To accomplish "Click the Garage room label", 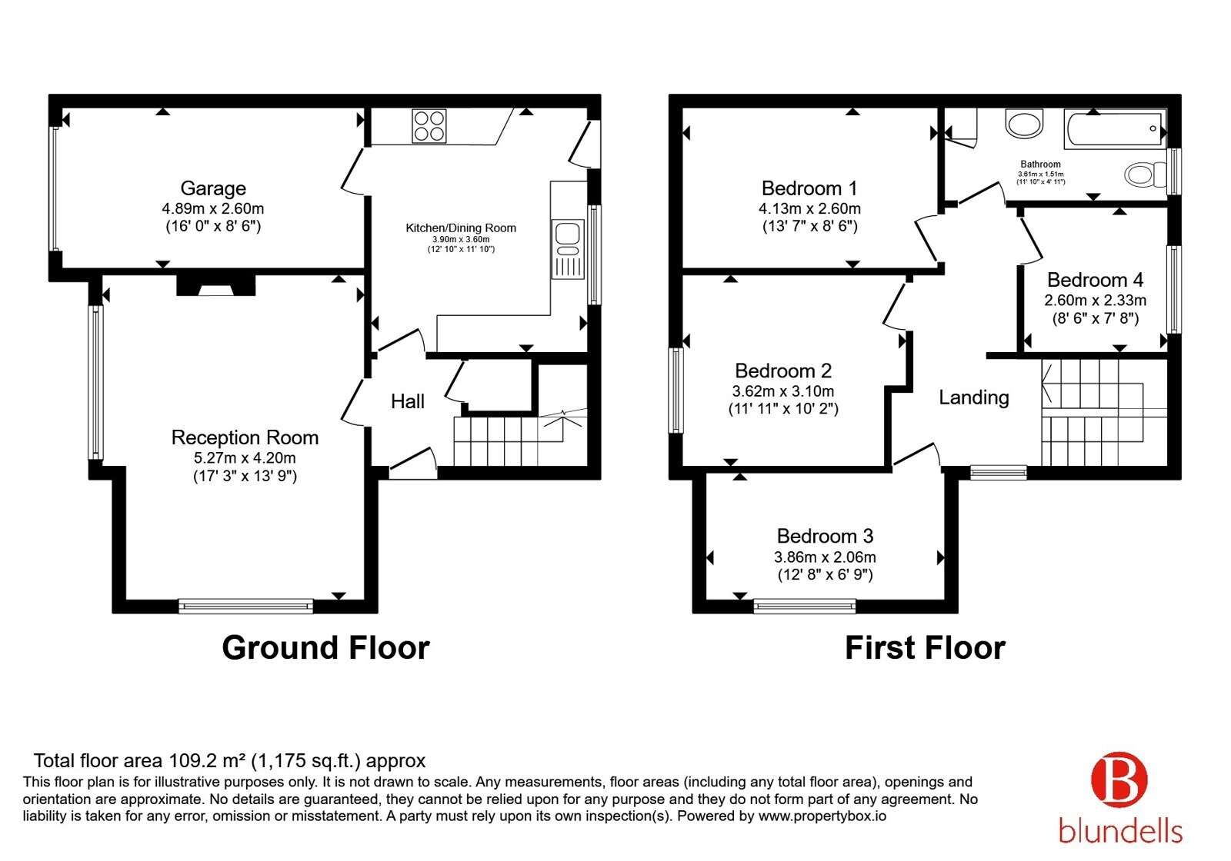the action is coord(213,188).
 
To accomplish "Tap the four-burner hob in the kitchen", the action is coord(429,126).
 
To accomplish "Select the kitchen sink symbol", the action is coord(568,249).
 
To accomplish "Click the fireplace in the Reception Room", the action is coord(216,285).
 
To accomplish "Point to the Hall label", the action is coord(408,401).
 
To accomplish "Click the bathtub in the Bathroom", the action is coord(1115,130).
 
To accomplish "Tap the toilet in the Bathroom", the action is coord(1146,175).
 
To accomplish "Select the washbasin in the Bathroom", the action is coord(1024,124).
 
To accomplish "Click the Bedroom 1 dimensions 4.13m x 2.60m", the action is coord(809,208).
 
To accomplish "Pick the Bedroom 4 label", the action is coord(1096,280).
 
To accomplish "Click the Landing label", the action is coord(974,397).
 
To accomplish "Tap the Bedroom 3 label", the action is coord(825,536).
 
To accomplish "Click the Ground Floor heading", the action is coord(326,648).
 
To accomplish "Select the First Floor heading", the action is coord(926,648).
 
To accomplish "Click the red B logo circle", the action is coord(1119,780).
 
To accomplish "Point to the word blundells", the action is coord(1120,831).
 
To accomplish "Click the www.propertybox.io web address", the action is coord(822,816).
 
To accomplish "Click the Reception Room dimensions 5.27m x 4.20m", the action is coord(245,458).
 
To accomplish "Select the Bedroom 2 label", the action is coord(783,371).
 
